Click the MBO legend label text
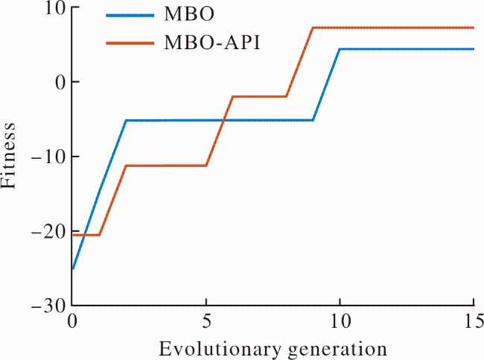pyautogui.click(x=189, y=14)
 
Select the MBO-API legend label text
pyautogui.click(x=212, y=42)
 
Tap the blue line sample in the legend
pyautogui.click(x=130, y=15)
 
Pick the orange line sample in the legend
pyautogui.click(x=130, y=43)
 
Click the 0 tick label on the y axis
pyautogui.click(x=61, y=82)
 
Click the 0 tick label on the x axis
pyautogui.click(x=72, y=322)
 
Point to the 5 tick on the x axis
pyautogui.click(x=206, y=322)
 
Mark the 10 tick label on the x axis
pyautogui.click(x=340, y=322)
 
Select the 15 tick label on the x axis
pyautogui.click(x=474, y=322)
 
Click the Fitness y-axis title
pyautogui.click(x=8, y=156)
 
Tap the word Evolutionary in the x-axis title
pyautogui.click(x=220, y=349)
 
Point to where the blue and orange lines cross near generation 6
pyautogui.click(x=223, y=120)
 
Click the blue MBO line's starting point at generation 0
pyautogui.click(x=72, y=269)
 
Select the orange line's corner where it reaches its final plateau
pyautogui.click(x=313, y=28)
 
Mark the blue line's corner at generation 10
pyautogui.click(x=340, y=49)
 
